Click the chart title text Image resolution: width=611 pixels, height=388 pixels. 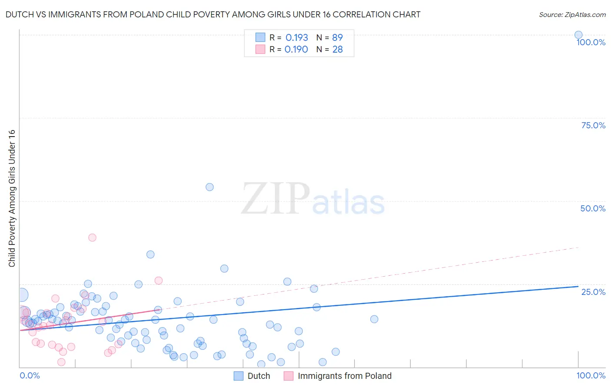213,14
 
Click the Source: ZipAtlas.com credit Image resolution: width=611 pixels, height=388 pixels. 572,14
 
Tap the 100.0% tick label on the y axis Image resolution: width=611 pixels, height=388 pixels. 591,42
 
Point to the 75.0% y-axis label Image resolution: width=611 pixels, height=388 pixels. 593,125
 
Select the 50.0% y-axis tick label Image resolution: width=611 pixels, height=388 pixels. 593,208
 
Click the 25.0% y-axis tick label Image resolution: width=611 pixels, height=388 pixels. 593,291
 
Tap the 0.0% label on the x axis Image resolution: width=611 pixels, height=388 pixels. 30,375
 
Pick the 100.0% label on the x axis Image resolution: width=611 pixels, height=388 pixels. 591,375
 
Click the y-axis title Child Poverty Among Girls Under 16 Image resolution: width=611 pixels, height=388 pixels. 12,198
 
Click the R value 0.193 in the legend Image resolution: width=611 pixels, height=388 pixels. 297,37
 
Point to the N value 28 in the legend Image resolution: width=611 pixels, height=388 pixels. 338,49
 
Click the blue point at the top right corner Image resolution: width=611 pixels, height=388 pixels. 578,35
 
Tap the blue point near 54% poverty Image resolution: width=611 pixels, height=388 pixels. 209,187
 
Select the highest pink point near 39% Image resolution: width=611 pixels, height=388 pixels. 92,237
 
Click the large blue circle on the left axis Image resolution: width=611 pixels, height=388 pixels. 21,295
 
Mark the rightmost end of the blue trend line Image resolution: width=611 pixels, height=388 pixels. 578,287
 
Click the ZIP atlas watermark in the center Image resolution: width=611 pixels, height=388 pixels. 313,199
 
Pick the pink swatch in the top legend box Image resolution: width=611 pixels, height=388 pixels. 260,49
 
